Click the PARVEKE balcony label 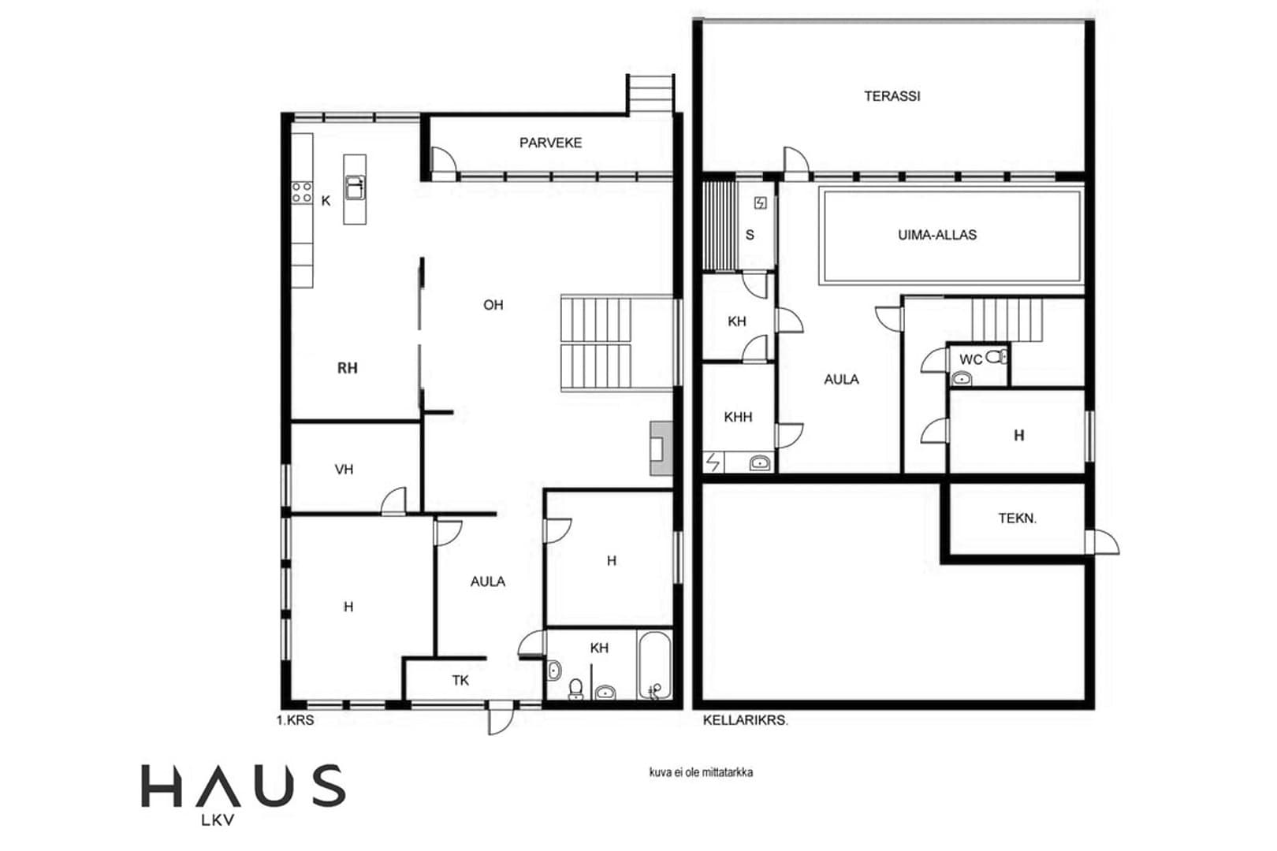[x=550, y=143]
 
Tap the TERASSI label [x=892, y=96]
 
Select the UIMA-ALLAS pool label [x=937, y=234]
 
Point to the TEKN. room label [x=1018, y=518]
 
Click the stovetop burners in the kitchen [x=302, y=192]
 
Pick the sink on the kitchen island [x=355, y=188]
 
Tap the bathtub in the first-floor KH [x=655, y=664]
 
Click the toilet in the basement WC [x=996, y=357]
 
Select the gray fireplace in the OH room [x=661, y=448]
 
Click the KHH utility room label [x=738, y=417]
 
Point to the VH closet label [x=344, y=469]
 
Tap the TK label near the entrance [x=460, y=680]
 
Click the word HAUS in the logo [x=244, y=786]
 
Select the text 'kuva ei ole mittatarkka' [x=702, y=772]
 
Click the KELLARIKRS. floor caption [x=745, y=720]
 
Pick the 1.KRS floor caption [x=296, y=720]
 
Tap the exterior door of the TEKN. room [x=1103, y=542]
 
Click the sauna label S [x=750, y=234]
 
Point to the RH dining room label [x=347, y=368]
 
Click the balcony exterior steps [x=650, y=94]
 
